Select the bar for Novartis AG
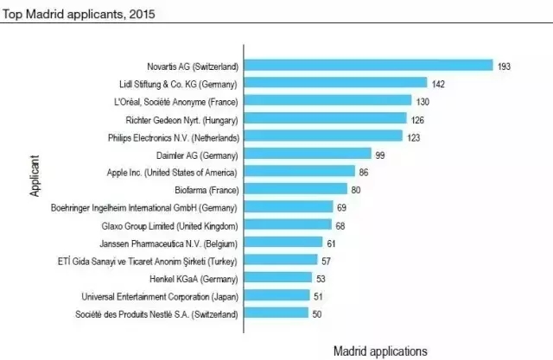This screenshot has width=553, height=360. click(x=369, y=66)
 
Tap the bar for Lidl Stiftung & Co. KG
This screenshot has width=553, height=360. click(x=336, y=83)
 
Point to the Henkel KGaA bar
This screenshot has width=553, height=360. click(x=278, y=278)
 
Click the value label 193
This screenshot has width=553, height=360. click(x=505, y=66)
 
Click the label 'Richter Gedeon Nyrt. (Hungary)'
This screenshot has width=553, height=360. click(x=181, y=118)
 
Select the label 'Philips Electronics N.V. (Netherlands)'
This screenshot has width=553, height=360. click(x=167, y=136)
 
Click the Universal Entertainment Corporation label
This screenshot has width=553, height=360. click(x=160, y=296)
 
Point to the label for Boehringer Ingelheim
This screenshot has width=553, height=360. click(x=144, y=207)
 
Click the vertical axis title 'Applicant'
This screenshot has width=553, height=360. click(x=35, y=178)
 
